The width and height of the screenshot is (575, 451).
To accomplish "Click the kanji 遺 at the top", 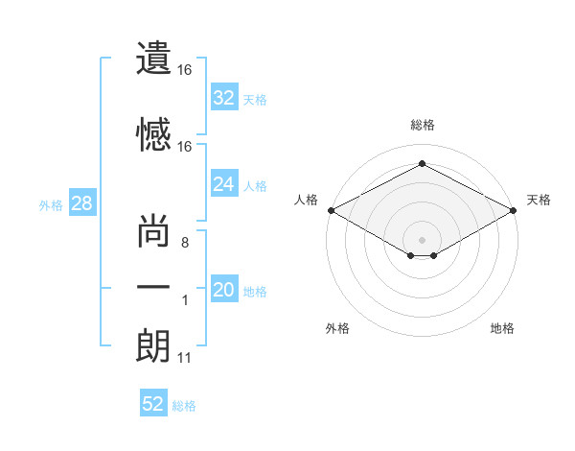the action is pyautogui.click(x=153, y=58).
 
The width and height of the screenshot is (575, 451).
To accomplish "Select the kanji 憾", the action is pyautogui.click(x=153, y=134).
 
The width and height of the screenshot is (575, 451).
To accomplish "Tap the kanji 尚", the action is pyautogui.click(x=153, y=230).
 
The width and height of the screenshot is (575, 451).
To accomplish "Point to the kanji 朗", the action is pyautogui.click(x=153, y=346).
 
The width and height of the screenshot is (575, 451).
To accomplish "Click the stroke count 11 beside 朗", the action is pyautogui.click(x=184, y=358).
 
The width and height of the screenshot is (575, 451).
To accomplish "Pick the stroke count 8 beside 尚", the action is pyautogui.click(x=185, y=243).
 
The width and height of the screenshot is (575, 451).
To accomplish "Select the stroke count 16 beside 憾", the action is pyautogui.click(x=184, y=147).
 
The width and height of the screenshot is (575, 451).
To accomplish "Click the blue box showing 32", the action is pyautogui.click(x=224, y=97).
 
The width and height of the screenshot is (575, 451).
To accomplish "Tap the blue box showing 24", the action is pyautogui.click(x=224, y=183).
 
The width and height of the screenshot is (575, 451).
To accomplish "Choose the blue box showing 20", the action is pyautogui.click(x=224, y=288).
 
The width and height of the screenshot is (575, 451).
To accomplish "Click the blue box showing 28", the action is pyautogui.click(x=82, y=202).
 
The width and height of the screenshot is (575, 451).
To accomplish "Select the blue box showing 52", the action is pyautogui.click(x=153, y=402).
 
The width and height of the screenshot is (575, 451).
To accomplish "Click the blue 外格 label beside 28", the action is pyautogui.click(x=51, y=205).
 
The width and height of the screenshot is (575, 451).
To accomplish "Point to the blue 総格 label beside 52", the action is pyautogui.click(x=184, y=406).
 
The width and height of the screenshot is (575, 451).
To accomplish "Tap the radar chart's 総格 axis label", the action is pyautogui.click(x=423, y=125).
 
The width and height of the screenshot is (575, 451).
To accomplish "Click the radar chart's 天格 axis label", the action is pyautogui.click(x=539, y=200).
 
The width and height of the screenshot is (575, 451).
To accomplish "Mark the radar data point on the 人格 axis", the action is pyautogui.click(x=332, y=210).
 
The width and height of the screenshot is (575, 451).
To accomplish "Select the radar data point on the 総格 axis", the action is pyautogui.click(x=422, y=163).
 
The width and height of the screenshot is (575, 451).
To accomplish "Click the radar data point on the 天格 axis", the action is pyautogui.click(x=514, y=210).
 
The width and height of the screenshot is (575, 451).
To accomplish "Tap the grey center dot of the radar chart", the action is pyautogui.click(x=422, y=240).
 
